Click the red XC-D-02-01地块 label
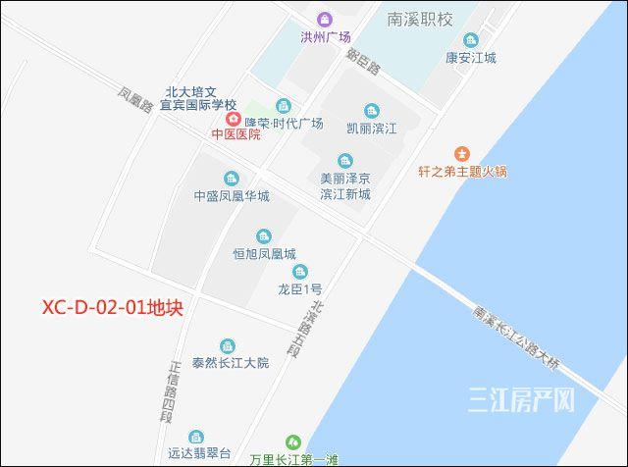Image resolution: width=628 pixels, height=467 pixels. click(113, 307)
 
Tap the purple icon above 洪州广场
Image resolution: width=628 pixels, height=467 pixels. click(325, 20)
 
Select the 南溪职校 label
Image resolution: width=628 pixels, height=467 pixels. click(419, 20)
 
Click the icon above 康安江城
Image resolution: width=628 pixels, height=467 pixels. click(471, 40)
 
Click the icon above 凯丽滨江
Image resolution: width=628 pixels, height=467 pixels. click(371, 111)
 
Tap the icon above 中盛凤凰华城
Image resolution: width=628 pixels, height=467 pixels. click(231, 178)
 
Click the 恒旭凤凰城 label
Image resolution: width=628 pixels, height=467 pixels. click(263, 253)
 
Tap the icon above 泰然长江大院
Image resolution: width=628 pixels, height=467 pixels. click(229, 345)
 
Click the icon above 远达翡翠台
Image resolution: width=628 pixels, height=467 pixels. click(197, 437)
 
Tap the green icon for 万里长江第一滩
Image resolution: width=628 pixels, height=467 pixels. click(291, 443)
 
